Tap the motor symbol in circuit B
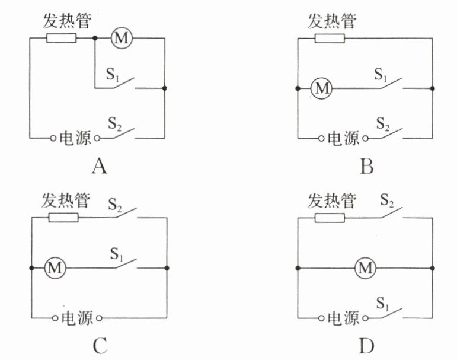pos(322,89)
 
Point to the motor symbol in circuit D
pos(365,269)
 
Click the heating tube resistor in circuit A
pos(62,39)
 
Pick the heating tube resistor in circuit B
pos(330,39)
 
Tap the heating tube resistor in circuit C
pos(63,218)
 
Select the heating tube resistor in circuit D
pos(329,218)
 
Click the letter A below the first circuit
pos(99,168)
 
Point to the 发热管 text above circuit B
pos(332,22)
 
